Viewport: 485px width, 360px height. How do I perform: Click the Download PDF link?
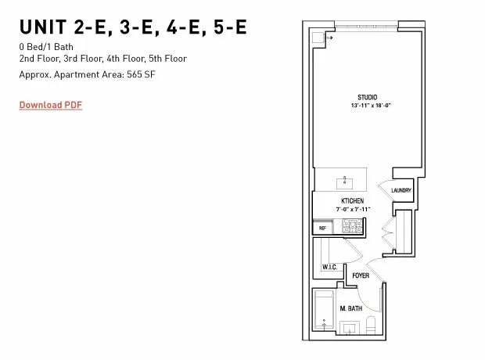point(50,105)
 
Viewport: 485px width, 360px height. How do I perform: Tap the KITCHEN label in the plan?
point(352,201)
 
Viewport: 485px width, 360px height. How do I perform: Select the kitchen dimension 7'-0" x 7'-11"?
point(352,209)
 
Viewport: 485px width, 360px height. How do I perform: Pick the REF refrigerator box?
point(322,228)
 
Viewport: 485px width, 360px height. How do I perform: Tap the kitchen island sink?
point(345,183)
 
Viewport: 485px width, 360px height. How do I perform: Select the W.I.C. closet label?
point(329,268)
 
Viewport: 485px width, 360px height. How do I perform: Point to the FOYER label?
point(361,276)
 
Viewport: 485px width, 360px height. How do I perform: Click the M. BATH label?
point(350,309)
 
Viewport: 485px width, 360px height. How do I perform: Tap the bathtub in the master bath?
point(324,311)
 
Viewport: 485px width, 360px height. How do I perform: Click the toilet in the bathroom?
point(372,325)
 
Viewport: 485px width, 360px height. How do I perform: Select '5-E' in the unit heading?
point(229,27)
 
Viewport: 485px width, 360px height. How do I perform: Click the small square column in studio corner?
point(318,38)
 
